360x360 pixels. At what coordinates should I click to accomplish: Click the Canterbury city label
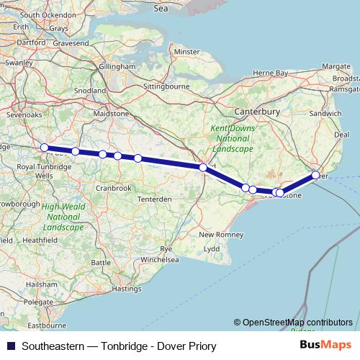pos(257,112)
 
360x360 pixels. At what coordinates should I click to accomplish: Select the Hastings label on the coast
pos(127,289)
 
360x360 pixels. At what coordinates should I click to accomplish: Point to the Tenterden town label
pos(155,199)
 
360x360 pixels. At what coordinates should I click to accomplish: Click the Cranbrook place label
pos(113,188)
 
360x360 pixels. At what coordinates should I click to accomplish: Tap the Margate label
pos(336,66)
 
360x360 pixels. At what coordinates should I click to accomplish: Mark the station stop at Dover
pos(315,175)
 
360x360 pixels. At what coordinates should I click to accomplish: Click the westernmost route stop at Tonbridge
pos(45,148)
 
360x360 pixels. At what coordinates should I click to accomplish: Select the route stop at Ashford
pos(203,168)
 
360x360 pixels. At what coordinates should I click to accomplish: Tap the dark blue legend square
pos(11,346)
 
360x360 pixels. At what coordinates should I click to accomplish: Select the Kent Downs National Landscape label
pos(231,138)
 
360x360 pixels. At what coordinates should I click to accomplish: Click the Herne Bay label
pos(270,73)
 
